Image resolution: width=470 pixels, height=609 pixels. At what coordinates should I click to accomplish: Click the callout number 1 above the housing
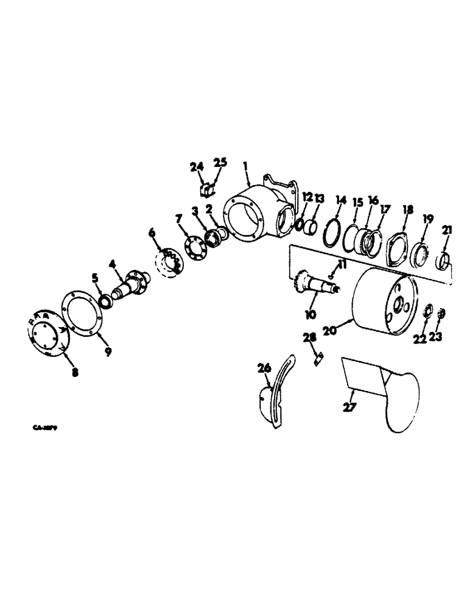pyautogui.click(x=246, y=165)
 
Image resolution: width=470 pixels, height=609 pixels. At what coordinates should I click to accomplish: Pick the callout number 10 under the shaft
pyautogui.click(x=310, y=314)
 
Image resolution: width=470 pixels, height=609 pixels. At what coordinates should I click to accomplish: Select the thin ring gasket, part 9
pyautogui.click(x=83, y=313)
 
